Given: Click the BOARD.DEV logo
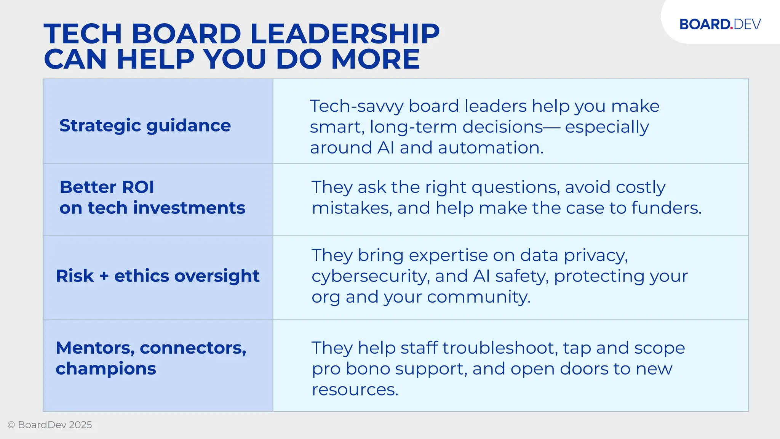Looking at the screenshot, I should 720,24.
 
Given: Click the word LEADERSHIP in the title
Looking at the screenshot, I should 345,34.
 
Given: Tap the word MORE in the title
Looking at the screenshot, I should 375,59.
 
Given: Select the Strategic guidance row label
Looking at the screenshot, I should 145,125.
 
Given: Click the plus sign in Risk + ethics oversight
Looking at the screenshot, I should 104,276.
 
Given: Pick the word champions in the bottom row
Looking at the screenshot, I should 106,369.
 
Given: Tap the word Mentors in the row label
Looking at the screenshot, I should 95,348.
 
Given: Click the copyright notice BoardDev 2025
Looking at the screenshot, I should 50,425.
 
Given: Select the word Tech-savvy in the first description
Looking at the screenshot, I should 356,106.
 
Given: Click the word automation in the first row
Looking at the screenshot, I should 491,148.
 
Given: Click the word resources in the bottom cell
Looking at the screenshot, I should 355,389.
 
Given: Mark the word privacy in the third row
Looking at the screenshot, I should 596,256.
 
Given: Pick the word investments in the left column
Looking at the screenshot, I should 189,208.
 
